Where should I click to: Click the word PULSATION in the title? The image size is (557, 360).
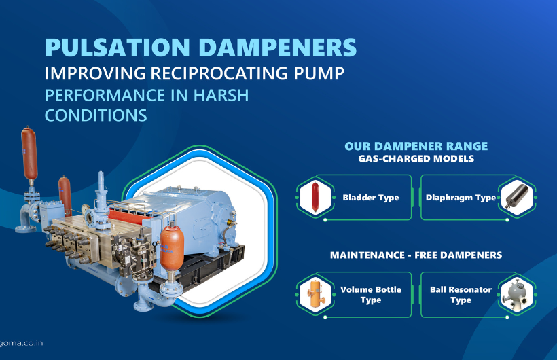click(x=116, y=48)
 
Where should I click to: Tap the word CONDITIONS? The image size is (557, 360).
click(x=96, y=115)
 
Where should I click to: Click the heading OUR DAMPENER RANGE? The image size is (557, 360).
click(x=416, y=146)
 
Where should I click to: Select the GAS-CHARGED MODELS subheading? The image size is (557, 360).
click(x=416, y=159)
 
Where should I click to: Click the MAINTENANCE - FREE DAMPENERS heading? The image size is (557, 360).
click(x=416, y=255)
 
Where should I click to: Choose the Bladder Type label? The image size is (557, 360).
click(x=371, y=198)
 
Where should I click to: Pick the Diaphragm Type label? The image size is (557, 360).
click(x=461, y=198)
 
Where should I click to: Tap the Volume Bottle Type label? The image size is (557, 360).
click(x=371, y=295)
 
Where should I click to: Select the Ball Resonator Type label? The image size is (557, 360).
click(x=461, y=295)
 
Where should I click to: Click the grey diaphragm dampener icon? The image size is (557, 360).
click(x=516, y=198)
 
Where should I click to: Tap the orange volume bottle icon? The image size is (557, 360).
click(x=315, y=295)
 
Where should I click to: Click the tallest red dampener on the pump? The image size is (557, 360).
click(x=29, y=154)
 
